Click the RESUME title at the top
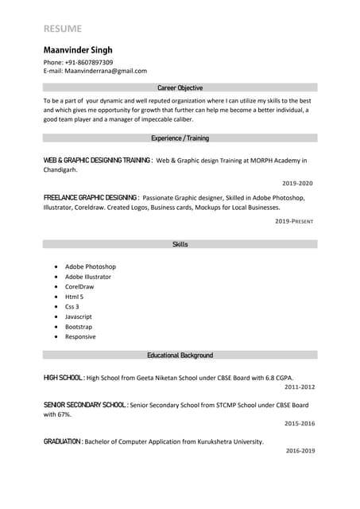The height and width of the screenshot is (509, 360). click(x=63, y=29)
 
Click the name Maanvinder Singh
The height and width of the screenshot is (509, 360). click(x=78, y=49)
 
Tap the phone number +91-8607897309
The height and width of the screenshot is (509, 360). click(x=89, y=62)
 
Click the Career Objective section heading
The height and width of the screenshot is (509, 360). click(x=180, y=87)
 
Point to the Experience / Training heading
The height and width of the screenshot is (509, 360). click(x=180, y=138)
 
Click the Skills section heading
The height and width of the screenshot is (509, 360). click(x=180, y=244)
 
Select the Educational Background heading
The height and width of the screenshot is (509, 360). click(x=180, y=355)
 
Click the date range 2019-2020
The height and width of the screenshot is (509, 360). click(x=298, y=183)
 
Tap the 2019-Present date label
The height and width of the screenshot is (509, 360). click(x=295, y=220)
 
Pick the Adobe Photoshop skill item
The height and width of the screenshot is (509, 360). click(x=91, y=266)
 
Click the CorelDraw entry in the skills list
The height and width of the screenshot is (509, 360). click(x=79, y=286)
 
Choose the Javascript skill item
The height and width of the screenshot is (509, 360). click(x=79, y=317)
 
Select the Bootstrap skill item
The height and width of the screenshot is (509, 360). click(x=79, y=326)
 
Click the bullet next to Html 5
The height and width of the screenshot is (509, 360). click(x=56, y=297)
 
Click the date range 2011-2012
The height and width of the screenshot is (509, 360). click(x=300, y=387)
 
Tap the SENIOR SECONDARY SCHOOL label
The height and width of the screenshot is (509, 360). click(x=85, y=405)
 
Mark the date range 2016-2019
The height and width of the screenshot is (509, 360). click(x=300, y=451)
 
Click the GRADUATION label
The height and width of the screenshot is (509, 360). click(x=63, y=441)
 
